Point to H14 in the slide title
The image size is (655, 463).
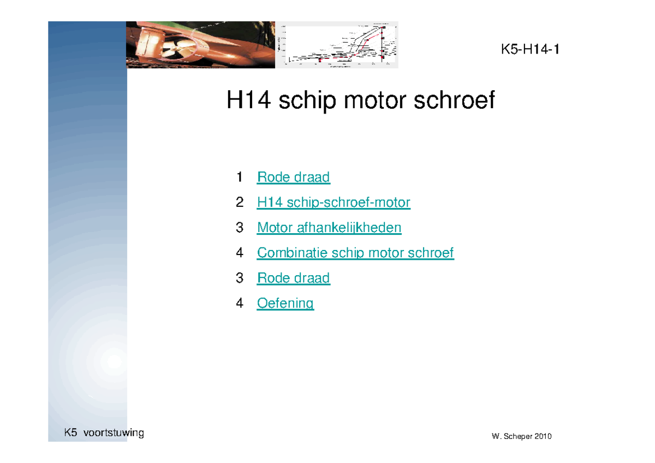(x=248, y=101)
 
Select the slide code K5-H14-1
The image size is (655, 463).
(x=530, y=50)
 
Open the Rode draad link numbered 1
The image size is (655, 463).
(x=293, y=177)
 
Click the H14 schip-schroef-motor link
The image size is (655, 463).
(x=334, y=203)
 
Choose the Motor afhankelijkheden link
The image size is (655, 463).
(x=329, y=228)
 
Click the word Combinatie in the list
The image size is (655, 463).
(x=292, y=253)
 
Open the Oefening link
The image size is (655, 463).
(x=285, y=303)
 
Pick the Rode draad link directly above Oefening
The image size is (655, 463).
(x=293, y=278)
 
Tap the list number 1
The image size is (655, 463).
(x=240, y=177)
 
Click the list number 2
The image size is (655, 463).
(x=240, y=203)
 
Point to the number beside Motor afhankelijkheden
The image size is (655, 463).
(x=240, y=228)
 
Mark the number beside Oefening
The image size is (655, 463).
(x=240, y=303)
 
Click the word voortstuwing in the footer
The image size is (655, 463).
(x=114, y=434)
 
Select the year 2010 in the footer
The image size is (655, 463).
(x=543, y=437)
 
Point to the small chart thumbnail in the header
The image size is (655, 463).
(x=336, y=45)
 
